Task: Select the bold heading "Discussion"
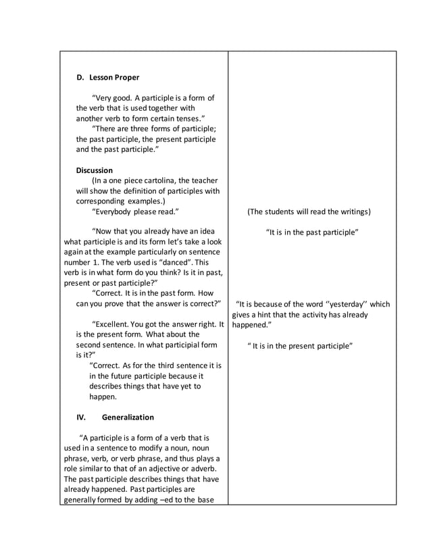[95, 170]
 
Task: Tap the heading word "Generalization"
[128, 417]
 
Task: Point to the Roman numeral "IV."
[81, 417]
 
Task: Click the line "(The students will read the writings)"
[309, 211]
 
